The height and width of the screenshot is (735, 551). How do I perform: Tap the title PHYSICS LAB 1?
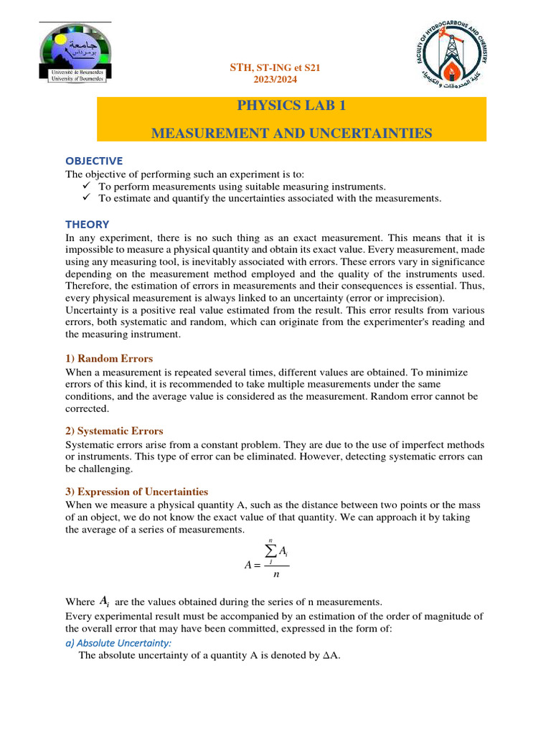click(x=291, y=107)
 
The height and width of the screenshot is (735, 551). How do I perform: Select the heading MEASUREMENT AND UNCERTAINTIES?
click(x=291, y=133)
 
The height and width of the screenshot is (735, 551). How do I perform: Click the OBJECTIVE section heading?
click(x=94, y=160)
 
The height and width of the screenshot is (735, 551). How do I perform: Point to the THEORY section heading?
click(x=88, y=224)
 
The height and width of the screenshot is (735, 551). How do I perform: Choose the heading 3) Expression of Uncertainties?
click(x=137, y=492)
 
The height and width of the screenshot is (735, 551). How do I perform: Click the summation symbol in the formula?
click(x=271, y=551)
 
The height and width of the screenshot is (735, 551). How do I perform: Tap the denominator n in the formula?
click(x=276, y=575)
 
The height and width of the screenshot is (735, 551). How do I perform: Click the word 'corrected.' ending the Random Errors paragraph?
click(x=86, y=408)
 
